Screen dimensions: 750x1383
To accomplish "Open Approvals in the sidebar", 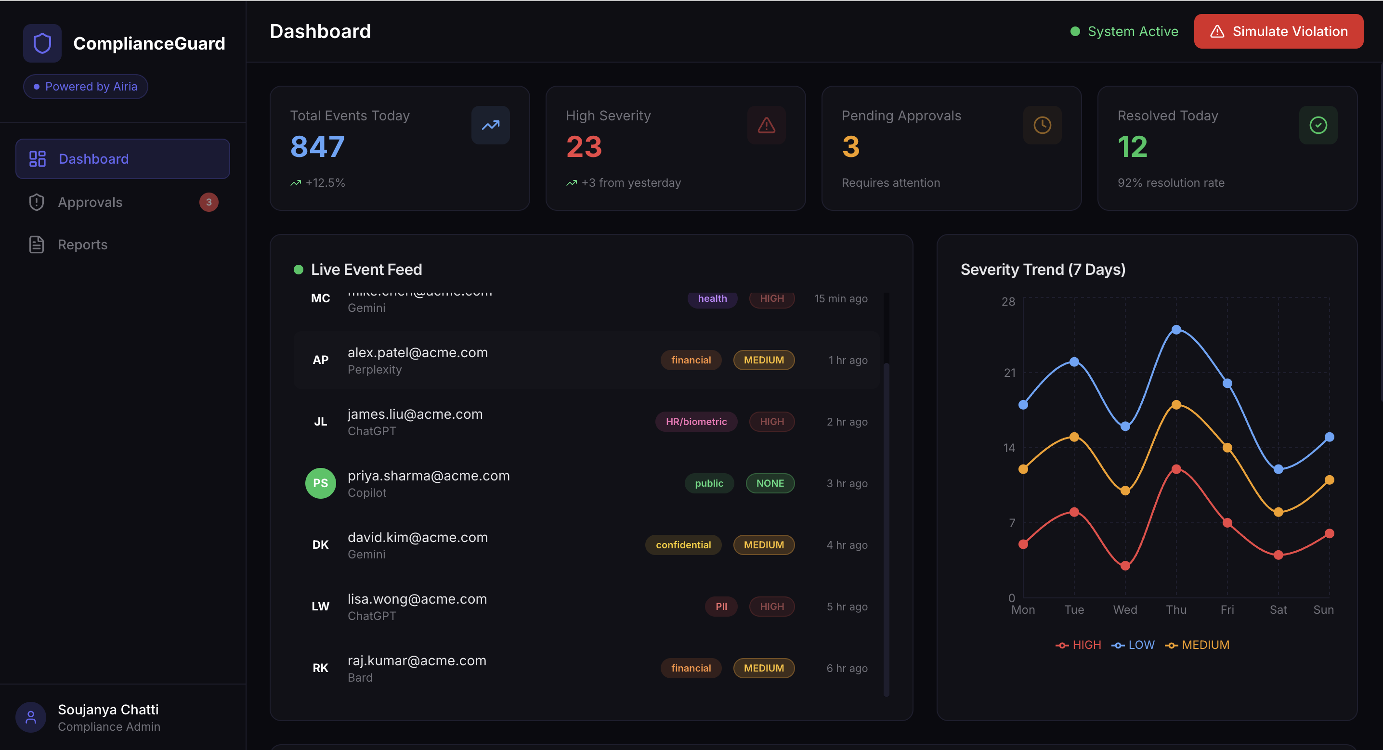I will (x=90, y=202).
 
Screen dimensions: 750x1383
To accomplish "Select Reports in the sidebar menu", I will (x=83, y=245).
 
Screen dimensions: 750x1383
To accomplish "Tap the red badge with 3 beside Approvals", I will (x=209, y=202).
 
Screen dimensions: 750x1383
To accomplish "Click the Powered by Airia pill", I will (x=85, y=87).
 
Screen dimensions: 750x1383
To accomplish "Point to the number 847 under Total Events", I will (x=317, y=146).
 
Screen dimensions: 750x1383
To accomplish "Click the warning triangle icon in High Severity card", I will (x=766, y=125).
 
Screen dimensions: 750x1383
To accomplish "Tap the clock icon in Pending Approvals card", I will (x=1042, y=125).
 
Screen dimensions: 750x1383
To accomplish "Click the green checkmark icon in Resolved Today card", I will (x=1318, y=125).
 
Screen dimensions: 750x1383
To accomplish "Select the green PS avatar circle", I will (x=321, y=483).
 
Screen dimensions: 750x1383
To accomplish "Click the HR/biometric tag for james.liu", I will (x=696, y=421).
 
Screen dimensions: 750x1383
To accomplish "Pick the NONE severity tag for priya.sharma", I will (x=770, y=483).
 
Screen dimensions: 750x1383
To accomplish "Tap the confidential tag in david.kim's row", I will (x=683, y=545).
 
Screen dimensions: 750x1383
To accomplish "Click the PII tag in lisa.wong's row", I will (x=721, y=607).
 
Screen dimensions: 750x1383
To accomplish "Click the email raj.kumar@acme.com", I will (x=417, y=660).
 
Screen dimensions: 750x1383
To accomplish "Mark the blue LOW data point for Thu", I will (x=1176, y=330).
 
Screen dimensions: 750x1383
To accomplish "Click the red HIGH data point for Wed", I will (x=1125, y=566).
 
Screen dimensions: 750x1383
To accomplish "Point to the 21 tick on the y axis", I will (x=1009, y=373).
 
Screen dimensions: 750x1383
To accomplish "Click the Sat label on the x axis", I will (x=1279, y=610).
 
